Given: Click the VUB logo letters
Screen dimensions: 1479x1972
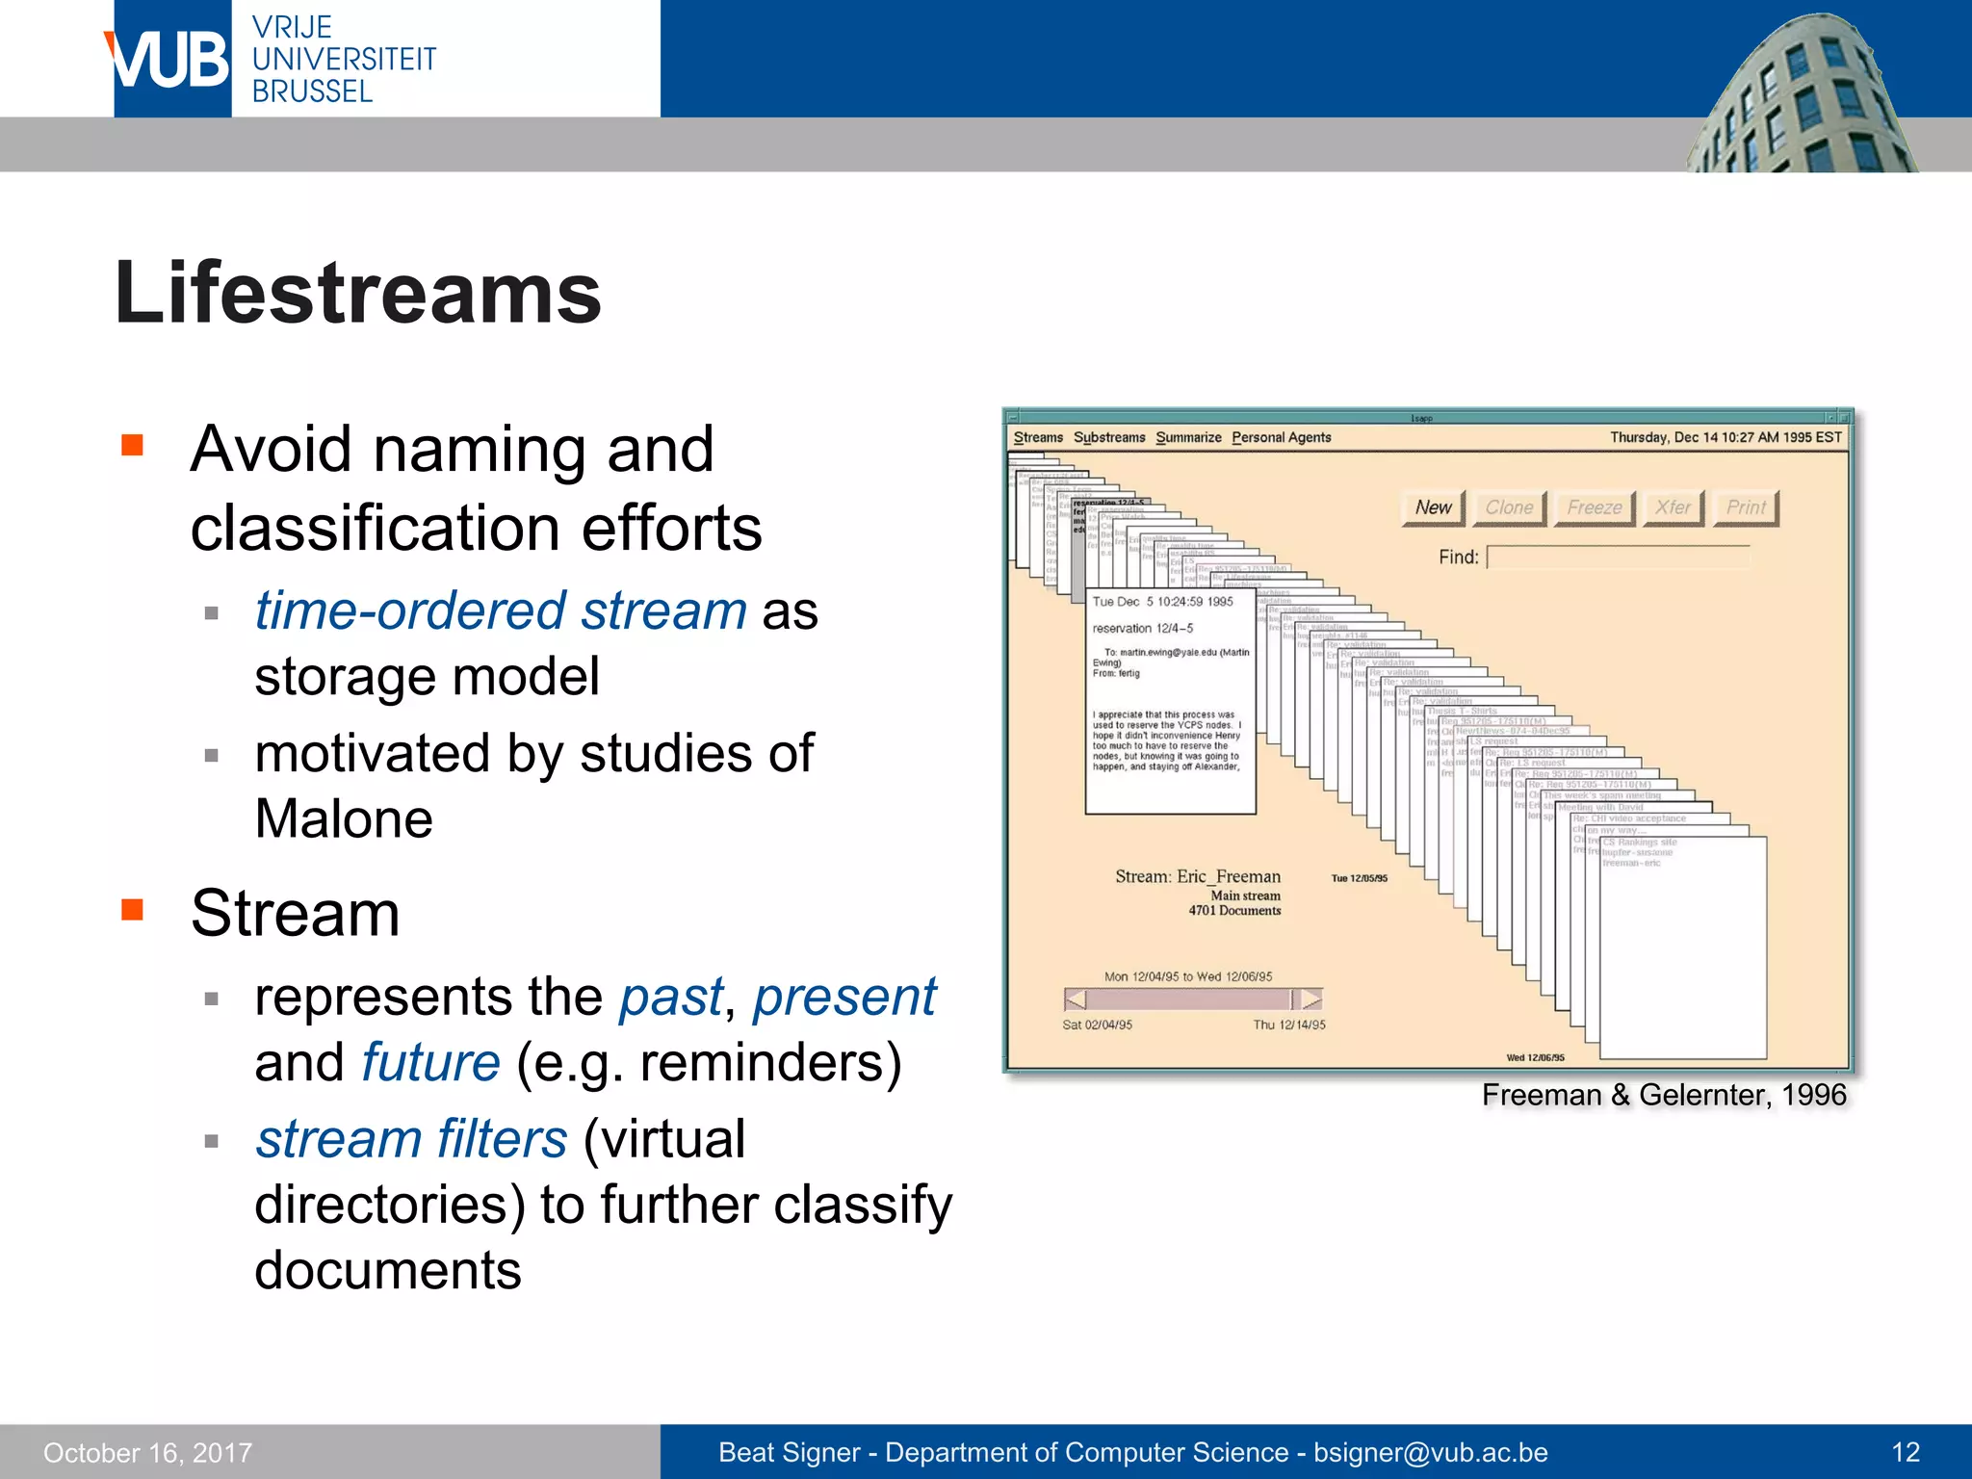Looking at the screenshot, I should (169, 60).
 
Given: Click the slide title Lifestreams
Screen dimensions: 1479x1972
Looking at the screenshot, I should (357, 293).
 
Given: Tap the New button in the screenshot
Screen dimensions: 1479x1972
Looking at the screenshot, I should (1433, 507).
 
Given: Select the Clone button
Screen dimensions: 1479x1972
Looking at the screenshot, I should (1508, 507).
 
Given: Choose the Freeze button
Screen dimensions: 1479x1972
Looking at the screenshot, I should (1594, 507).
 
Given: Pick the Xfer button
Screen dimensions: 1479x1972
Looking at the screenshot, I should (1673, 507).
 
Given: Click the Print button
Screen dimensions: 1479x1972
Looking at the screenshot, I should (1745, 507).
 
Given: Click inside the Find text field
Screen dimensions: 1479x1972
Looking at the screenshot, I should (1618, 558).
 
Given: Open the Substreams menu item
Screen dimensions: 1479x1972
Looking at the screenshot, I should (1109, 437).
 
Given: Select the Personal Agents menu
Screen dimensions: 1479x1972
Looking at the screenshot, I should (1281, 437).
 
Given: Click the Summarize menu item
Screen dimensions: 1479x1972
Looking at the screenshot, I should (1188, 437).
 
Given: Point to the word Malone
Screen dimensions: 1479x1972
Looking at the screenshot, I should (344, 819).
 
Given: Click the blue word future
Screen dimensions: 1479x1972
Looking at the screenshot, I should (430, 1062).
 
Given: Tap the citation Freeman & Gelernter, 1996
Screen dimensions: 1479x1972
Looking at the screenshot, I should (1663, 1095).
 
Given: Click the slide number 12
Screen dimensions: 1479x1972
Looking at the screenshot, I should (1906, 1452).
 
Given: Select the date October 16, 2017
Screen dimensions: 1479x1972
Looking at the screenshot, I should (147, 1452).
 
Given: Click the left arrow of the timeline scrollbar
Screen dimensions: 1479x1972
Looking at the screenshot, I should (1077, 999).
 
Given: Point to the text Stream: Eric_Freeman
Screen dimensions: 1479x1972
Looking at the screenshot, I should (1197, 876).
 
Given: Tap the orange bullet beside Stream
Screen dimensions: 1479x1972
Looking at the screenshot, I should (132, 910).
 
